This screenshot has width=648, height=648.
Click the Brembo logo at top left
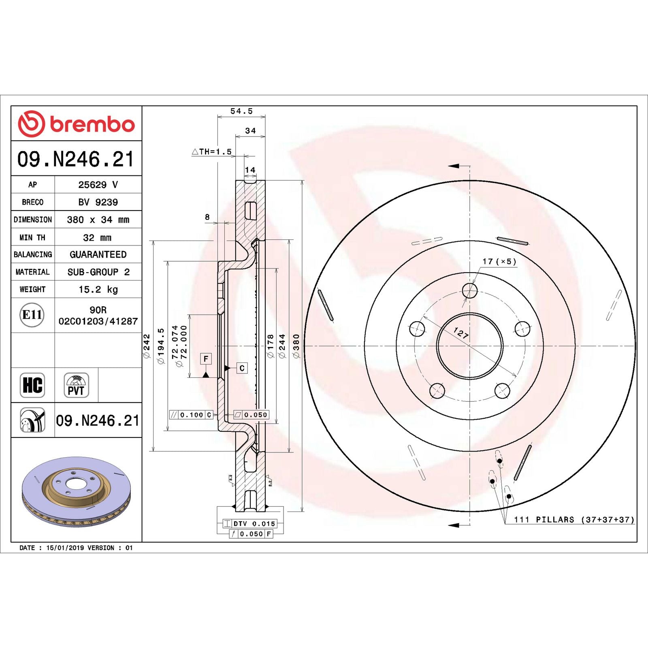pos(76,124)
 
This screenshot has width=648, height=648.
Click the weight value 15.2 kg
pos(98,289)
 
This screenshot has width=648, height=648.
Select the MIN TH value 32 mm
pos(97,237)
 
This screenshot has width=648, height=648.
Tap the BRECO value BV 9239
pos(98,202)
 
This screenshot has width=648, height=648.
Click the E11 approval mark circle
pos(32,315)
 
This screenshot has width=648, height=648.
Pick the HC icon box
pos(32,385)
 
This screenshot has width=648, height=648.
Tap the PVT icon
pos(76,385)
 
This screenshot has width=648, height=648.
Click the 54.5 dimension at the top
pos(241,111)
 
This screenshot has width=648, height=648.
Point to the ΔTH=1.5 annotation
pos(212,152)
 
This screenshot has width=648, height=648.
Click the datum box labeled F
pos(206,358)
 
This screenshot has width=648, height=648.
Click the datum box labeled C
pos(242,368)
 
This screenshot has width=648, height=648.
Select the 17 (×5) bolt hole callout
pos(499,261)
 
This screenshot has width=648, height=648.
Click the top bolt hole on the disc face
pos(470,290)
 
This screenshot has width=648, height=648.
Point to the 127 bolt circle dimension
pos(461,333)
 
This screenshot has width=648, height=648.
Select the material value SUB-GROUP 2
pos(98,272)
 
